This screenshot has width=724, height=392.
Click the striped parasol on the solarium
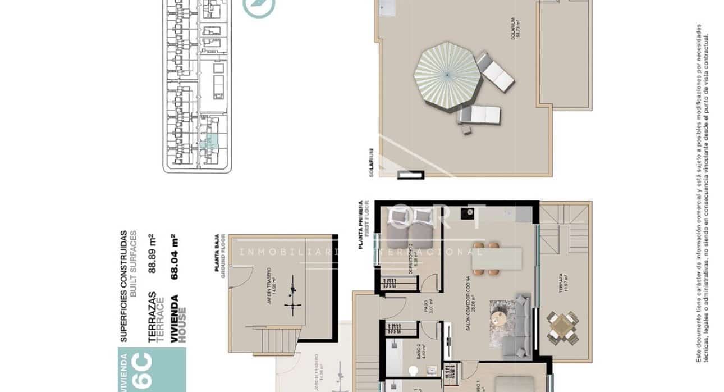click(x=447, y=74)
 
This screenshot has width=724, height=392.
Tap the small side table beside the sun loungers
click(x=467, y=130)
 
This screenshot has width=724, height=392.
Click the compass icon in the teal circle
click(x=259, y=6)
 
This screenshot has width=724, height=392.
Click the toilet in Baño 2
click(x=414, y=371)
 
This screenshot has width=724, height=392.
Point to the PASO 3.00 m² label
click(x=428, y=309)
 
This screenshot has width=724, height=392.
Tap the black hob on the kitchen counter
click(x=466, y=212)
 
